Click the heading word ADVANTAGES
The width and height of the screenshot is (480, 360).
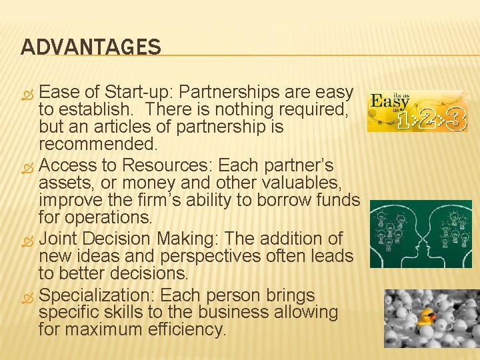click(91, 47)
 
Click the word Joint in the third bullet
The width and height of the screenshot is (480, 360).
click(59, 238)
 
